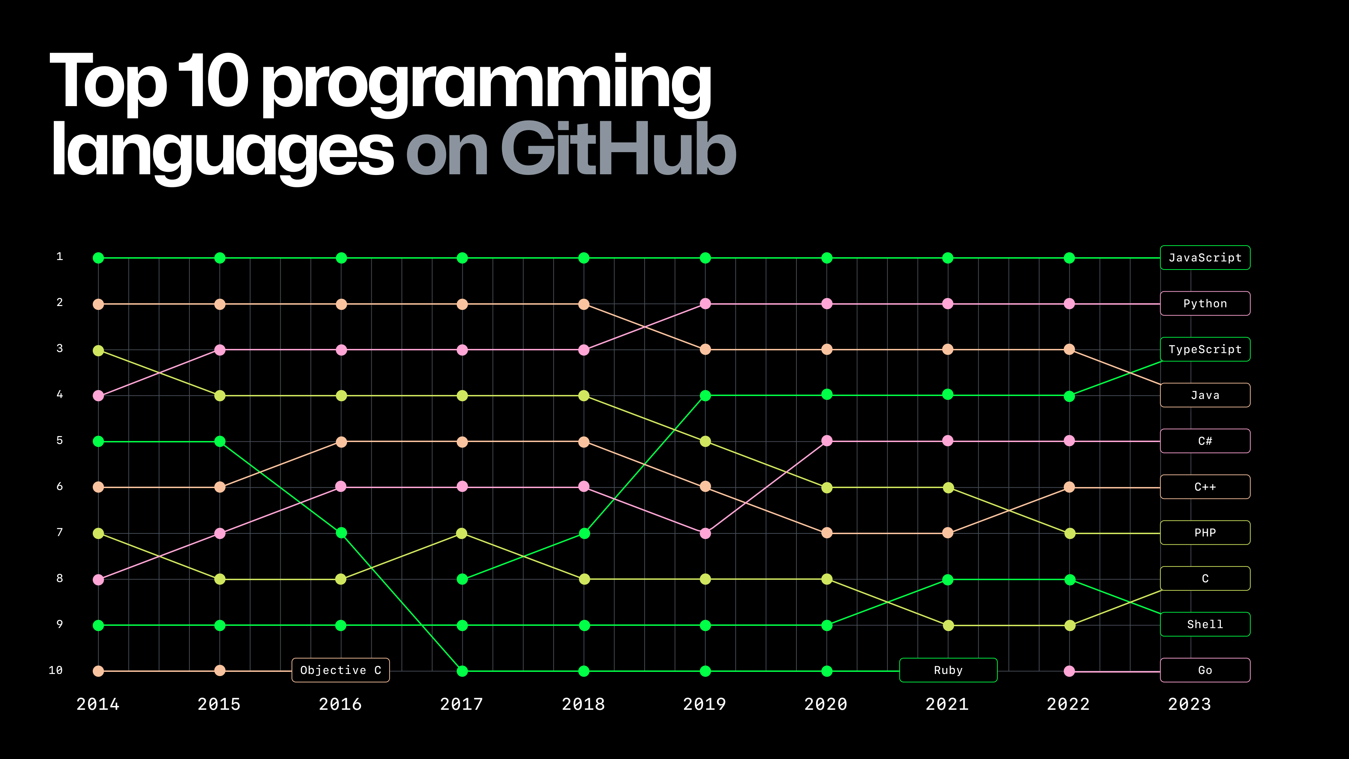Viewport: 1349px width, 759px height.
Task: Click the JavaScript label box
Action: point(1205,258)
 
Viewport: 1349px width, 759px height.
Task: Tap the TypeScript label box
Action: point(1205,349)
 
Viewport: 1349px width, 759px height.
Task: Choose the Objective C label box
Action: point(340,670)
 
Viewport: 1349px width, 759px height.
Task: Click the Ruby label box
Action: point(948,670)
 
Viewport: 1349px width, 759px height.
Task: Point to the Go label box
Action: point(1205,670)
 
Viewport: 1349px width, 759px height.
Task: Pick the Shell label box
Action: point(1205,624)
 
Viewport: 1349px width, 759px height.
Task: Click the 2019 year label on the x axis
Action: point(704,704)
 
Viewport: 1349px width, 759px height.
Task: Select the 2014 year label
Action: point(98,704)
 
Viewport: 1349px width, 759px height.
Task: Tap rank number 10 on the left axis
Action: point(56,670)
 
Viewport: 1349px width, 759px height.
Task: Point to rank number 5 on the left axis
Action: point(60,441)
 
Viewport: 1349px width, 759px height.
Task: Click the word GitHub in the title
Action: point(618,149)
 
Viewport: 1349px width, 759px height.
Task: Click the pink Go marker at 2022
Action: point(1069,671)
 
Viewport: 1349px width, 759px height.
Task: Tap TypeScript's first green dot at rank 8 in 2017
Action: point(462,579)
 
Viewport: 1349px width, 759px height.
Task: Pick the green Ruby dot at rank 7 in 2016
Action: point(341,533)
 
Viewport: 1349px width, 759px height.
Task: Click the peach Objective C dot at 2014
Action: point(98,671)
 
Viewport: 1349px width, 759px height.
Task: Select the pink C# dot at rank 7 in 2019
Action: point(705,533)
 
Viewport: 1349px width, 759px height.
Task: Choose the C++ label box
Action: point(1205,487)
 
